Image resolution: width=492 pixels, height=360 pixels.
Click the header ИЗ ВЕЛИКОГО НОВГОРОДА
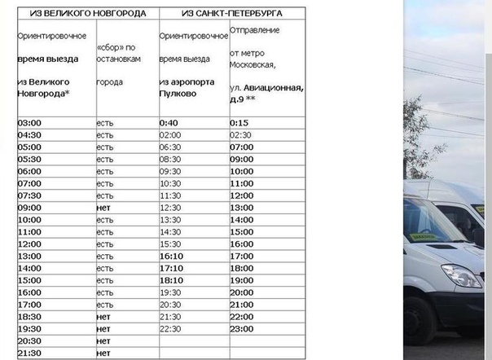[87, 14]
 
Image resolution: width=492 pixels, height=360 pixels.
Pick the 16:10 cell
[171, 255]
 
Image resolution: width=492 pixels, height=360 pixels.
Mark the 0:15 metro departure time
[239, 123]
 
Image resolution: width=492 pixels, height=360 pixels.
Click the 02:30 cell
[240, 135]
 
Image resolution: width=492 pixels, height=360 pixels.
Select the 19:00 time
[242, 279]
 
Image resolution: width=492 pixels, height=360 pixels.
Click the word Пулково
[178, 93]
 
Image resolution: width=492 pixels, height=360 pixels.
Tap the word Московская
[253, 64]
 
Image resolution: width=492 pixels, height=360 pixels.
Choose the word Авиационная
[274, 87]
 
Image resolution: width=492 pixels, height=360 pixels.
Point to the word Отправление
[255, 30]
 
